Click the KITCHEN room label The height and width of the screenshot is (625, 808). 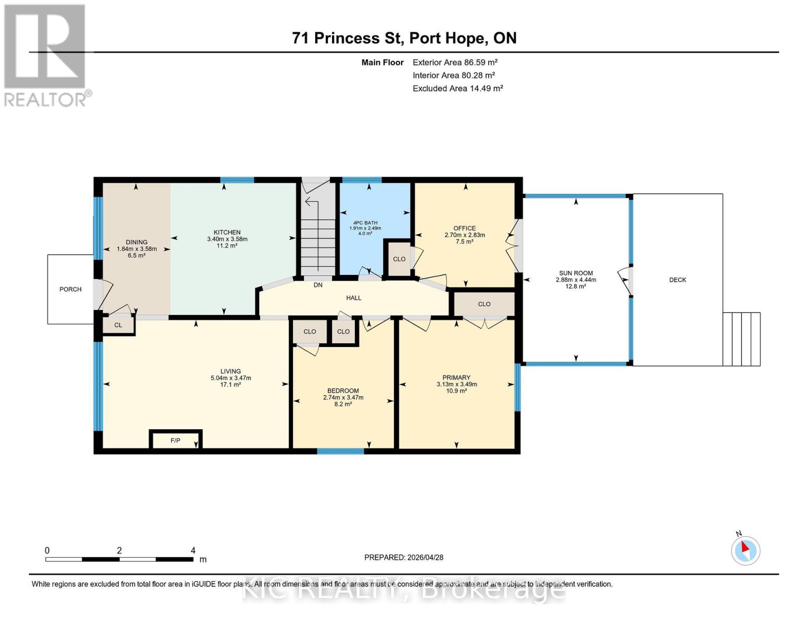coord(227,232)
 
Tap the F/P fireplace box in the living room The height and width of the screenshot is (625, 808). coord(175,441)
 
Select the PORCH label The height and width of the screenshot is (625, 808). coord(70,289)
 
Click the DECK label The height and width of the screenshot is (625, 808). coord(677,280)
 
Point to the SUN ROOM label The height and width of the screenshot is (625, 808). coord(575,273)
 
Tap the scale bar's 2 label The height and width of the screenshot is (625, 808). coord(119,551)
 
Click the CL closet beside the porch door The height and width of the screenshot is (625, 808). coord(118,325)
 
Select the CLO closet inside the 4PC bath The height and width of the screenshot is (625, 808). coord(399,259)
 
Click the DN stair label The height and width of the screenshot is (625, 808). coord(318,285)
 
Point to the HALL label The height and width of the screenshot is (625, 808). coord(354,298)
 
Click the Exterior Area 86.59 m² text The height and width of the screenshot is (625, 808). coord(455,62)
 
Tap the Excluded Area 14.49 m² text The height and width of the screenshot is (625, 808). coord(457,89)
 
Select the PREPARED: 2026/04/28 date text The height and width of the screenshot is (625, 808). coord(404,557)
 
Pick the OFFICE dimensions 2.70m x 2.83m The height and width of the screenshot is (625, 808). coord(465,235)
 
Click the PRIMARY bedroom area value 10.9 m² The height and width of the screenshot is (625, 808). coord(456,391)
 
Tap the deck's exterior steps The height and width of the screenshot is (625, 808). coord(741,339)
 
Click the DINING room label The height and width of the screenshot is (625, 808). coord(136,242)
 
